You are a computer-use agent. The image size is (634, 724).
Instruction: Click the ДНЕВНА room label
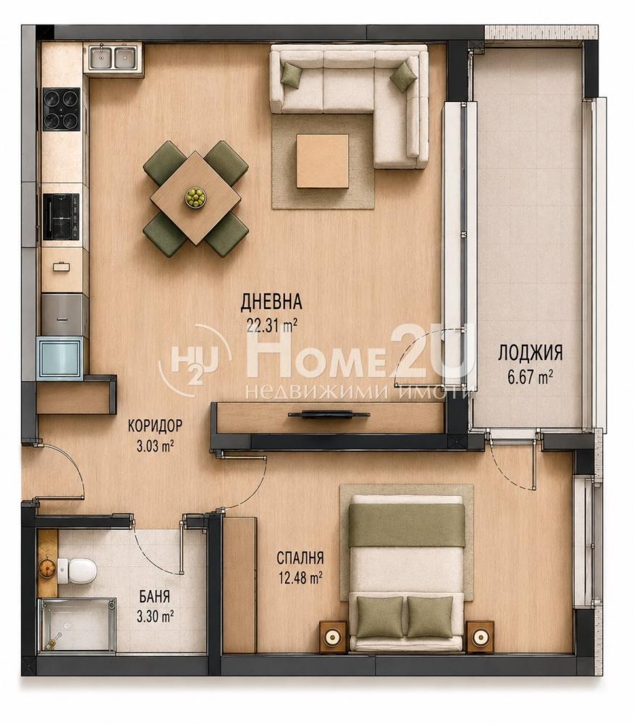[271, 301]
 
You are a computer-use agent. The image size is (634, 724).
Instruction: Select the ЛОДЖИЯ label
[531, 353]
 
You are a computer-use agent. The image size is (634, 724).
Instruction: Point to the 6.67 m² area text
[531, 377]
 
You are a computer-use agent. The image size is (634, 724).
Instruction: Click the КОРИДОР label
[155, 425]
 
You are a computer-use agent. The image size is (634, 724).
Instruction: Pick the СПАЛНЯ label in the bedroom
[300, 557]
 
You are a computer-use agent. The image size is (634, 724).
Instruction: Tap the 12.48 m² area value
[300, 578]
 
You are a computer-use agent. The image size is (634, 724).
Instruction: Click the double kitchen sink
[114, 57]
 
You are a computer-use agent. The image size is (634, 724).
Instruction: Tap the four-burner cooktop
[61, 109]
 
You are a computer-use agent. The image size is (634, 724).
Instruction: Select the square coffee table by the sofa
[322, 161]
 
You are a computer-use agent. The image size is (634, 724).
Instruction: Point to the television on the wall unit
[329, 415]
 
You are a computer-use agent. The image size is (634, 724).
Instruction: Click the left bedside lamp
[333, 636]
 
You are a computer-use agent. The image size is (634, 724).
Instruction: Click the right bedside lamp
[480, 636]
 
